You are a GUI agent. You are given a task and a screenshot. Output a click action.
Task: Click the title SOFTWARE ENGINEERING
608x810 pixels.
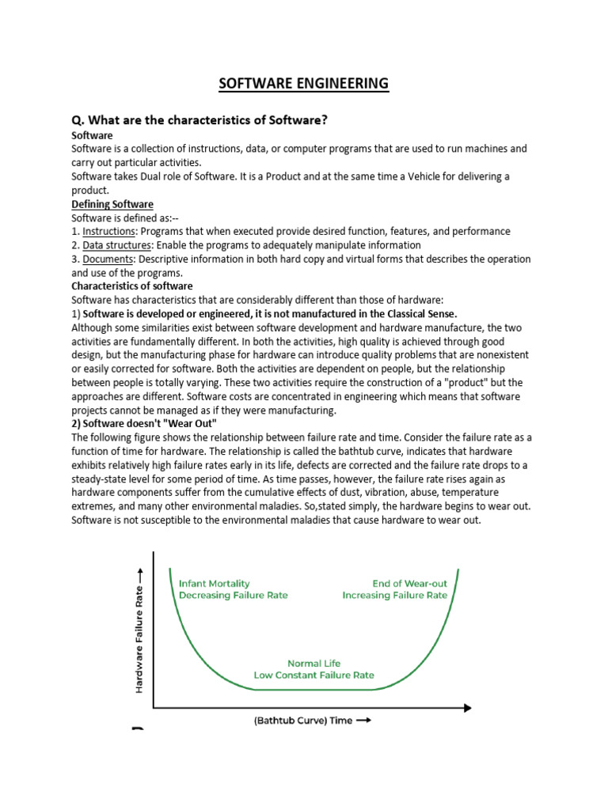(x=304, y=83)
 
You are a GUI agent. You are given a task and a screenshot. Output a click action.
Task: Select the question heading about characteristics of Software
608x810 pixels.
(x=199, y=120)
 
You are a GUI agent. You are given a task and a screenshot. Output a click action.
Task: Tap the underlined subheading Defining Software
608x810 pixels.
(x=112, y=204)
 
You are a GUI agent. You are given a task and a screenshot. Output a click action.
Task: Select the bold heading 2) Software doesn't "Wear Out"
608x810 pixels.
(x=143, y=424)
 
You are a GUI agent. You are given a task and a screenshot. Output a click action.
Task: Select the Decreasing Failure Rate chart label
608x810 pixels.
(x=234, y=596)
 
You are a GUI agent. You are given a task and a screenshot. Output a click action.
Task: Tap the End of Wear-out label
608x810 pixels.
(x=409, y=583)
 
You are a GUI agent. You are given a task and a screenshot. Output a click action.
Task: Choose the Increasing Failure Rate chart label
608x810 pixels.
(x=394, y=596)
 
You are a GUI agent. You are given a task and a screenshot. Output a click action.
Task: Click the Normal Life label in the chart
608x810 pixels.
(x=314, y=663)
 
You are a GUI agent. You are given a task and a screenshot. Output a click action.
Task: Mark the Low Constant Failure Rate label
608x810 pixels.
(x=314, y=676)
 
